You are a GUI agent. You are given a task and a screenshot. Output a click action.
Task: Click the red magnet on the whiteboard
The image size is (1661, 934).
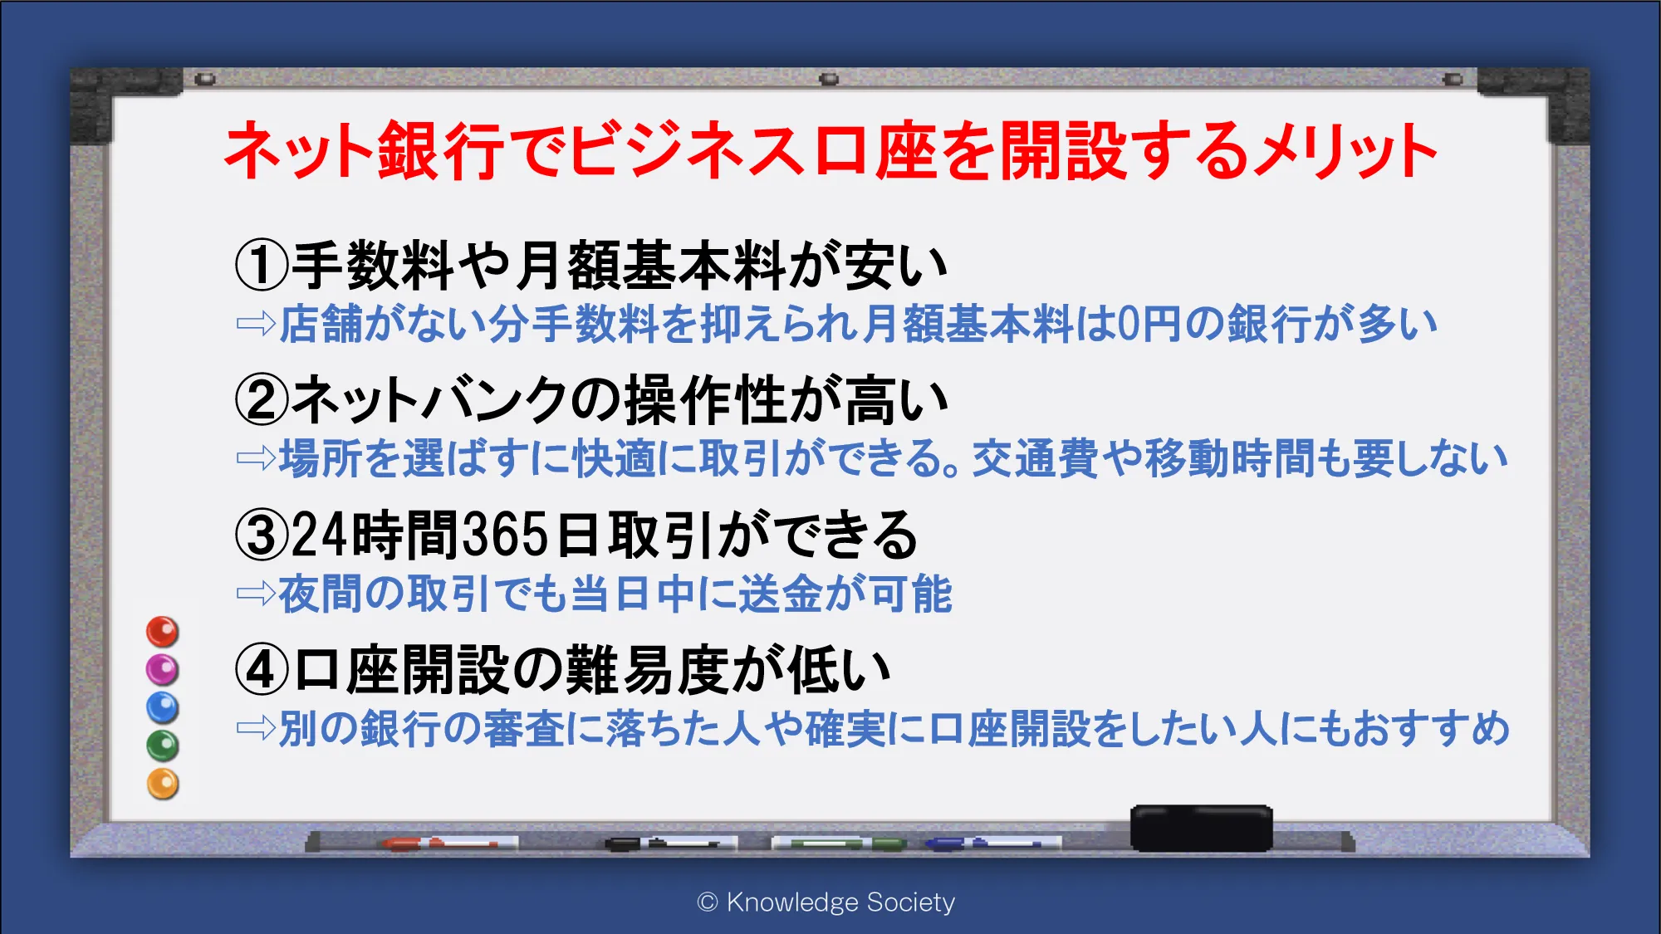tap(163, 632)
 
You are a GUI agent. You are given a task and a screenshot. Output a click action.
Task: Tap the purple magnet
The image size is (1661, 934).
tap(163, 669)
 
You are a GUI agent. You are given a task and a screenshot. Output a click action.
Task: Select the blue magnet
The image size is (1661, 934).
tap(163, 707)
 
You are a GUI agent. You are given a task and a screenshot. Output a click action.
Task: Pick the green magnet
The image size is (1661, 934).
tap(163, 746)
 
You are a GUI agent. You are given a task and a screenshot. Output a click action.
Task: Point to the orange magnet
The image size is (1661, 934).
tap(163, 784)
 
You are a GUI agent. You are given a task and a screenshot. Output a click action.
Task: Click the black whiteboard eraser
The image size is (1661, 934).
tap(1202, 828)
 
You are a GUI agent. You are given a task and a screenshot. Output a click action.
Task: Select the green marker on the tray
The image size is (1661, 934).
tap(839, 844)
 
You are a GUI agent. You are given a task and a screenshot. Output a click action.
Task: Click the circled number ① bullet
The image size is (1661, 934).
tap(262, 266)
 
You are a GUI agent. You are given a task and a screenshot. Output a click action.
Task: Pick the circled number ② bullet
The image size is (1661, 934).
tap(262, 400)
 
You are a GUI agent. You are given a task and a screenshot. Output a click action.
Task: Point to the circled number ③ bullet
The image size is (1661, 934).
tap(262, 535)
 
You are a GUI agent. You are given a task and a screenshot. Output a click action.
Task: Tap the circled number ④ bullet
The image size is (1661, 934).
tap(262, 670)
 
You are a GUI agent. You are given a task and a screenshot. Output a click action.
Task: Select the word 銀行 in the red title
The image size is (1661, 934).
tap(441, 151)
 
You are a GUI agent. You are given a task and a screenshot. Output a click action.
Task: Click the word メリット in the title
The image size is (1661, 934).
tap(1346, 151)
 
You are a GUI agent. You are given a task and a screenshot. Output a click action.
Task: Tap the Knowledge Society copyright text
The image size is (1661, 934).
tap(826, 902)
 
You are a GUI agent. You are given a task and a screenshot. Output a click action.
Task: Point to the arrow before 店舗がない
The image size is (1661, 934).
tap(256, 323)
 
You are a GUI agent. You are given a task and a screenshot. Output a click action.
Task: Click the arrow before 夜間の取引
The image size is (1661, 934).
tap(256, 593)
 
